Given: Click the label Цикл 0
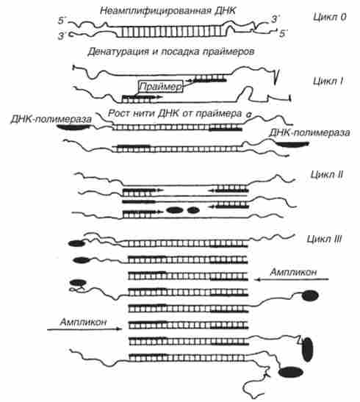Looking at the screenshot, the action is pyautogui.click(x=329, y=17).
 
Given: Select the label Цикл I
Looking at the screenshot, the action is pyautogui.click(x=328, y=81).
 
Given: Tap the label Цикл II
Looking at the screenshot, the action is pyautogui.click(x=327, y=175).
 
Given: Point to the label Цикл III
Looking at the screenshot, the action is pyautogui.click(x=325, y=239).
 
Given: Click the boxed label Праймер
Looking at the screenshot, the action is pyautogui.click(x=161, y=87).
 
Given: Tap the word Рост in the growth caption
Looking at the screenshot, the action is pyautogui.click(x=118, y=113).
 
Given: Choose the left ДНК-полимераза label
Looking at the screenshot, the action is pyautogui.click(x=51, y=119).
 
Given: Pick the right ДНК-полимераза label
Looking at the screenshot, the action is pyautogui.click(x=309, y=132).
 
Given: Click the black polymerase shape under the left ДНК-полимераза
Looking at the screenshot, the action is pyautogui.click(x=73, y=127).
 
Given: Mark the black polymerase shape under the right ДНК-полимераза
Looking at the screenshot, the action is pyautogui.click(x=292, y=144).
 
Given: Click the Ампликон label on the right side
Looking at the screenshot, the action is pyautogui.click(x=293, y=272).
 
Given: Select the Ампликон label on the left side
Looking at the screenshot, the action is pyautogui.click(x=83, y=322).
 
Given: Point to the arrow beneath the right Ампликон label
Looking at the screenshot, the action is pyautogui.click(x=292, y=279).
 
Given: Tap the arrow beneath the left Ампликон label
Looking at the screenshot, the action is pyautogui.click(x=84, y=329).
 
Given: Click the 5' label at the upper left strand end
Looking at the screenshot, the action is pyautogui.click(x=62, y=21).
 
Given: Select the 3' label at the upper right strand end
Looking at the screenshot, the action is pyautogui.click(x=276, y=19).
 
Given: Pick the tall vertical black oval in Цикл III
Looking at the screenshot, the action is pyautogui.click(x=308, y=349).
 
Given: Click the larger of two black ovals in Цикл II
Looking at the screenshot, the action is pyautogui.click(x=175, y=210).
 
